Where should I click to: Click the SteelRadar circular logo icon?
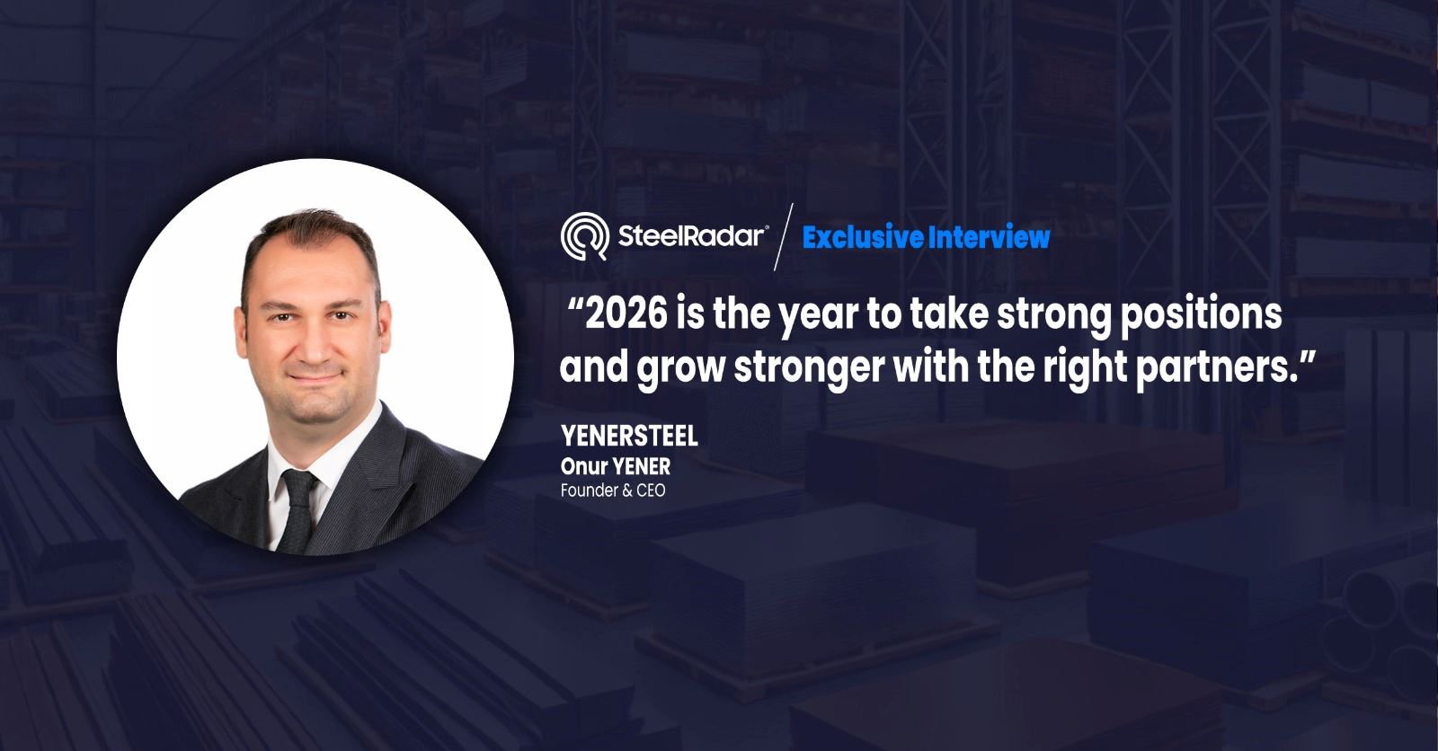tap(584, 236)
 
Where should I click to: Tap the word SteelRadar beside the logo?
tap(692, 236)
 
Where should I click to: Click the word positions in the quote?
tap(1202, 317)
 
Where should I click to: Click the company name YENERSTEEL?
tap(629, 436)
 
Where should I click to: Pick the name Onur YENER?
tap(616, 466)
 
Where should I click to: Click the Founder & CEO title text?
tap(613, 490)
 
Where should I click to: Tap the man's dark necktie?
tap(297, 510)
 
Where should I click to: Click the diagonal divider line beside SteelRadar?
tap(783, 237)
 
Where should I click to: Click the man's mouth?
tap(314, 376)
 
